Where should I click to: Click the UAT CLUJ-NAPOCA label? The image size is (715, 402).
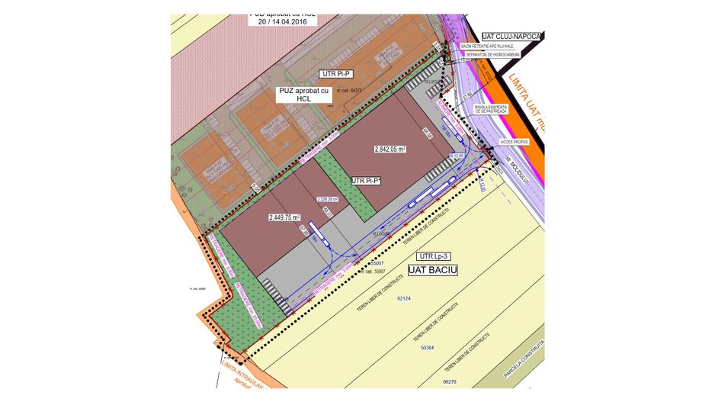[x=510, y=36]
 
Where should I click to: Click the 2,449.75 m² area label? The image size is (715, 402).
[x=284, y=217]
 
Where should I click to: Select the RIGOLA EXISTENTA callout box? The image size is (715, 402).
[x=489, y=108]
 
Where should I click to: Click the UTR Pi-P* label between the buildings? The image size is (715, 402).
[x=366, y=181]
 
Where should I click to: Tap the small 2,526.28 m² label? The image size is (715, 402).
[x=328, y=201]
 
